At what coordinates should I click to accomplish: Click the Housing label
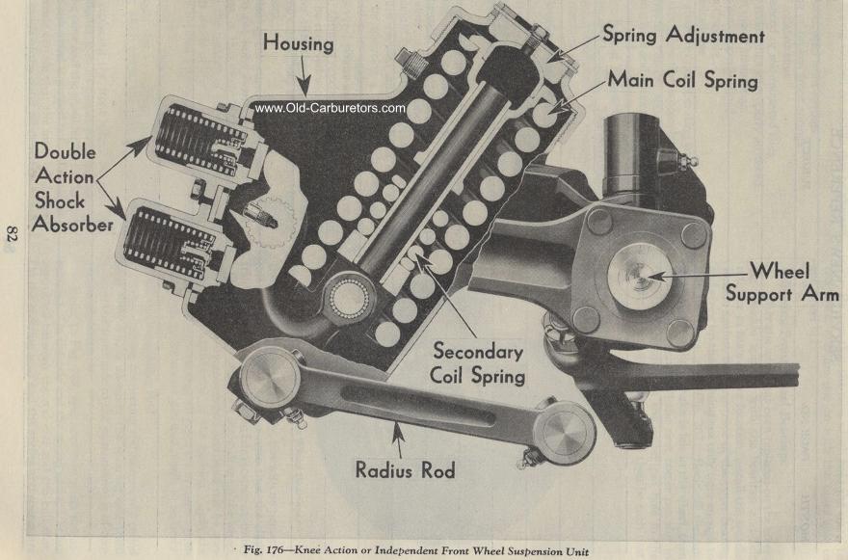298,43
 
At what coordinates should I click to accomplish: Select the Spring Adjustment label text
683,35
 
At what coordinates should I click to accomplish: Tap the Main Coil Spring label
682,80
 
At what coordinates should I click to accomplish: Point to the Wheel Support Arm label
782,281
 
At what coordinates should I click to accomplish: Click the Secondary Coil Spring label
478,363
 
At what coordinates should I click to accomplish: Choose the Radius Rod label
405,469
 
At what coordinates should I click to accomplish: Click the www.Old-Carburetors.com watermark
330,108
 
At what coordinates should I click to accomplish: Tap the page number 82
12,237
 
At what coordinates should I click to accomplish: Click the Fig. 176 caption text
416,550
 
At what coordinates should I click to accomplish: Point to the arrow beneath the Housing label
304,76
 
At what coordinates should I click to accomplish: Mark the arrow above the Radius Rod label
398,440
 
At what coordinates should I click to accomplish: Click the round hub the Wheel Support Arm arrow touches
640,276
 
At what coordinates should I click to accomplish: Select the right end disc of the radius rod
565,433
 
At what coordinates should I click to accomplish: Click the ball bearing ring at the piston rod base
350,298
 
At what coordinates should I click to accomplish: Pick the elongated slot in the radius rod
418,402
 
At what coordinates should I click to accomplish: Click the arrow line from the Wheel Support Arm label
699,275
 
